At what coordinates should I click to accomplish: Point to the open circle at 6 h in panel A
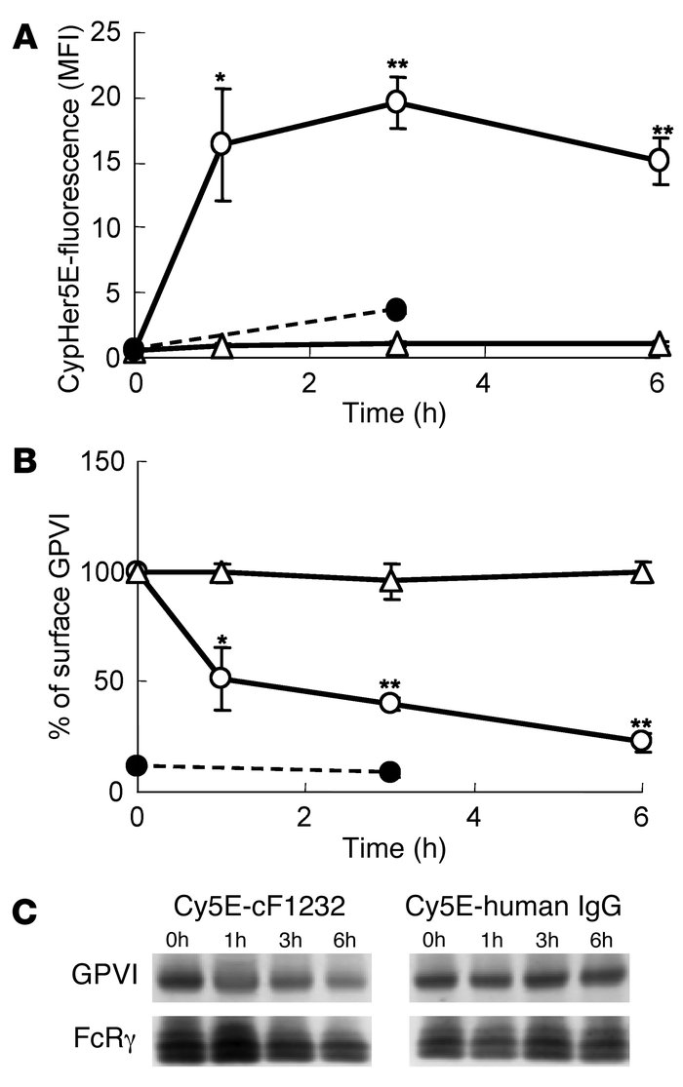point(659,159)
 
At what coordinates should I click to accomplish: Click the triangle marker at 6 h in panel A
point(659,343)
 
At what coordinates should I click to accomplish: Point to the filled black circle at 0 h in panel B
point(138,763)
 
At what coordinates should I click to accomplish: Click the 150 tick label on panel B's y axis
point(99,462)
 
